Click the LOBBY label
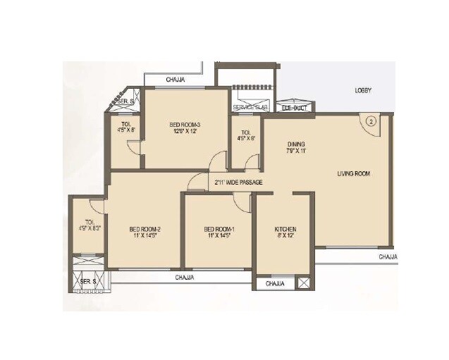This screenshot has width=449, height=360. click(x=363, y=91)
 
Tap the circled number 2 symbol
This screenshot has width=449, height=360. click(x=373, y=121)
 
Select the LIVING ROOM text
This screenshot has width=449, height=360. click(x=353, y=173)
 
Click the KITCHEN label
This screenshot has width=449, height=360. click(x=285, y=229)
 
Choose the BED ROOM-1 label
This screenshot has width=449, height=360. click(x=218, y=229)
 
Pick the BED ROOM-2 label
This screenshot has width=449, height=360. click(x=145, y=229)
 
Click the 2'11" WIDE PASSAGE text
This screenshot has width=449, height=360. click(x=239, y=183)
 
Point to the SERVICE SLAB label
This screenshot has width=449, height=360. click(x=250, y=107)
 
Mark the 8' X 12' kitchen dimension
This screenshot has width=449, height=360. click(x=285, y=237)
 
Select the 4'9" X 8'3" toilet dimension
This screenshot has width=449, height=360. click(x=90, y=228)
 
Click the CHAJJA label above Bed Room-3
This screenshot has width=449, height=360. click(x=176, y=80)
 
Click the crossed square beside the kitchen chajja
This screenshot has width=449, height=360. click(x=303, y=283)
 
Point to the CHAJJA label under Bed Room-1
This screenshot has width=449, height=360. click(x=185, y=278)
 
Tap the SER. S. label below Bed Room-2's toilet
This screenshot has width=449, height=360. click(x=88, y=282)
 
